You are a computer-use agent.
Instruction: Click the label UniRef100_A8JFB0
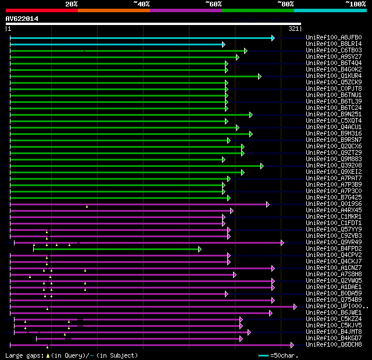click(333, 38)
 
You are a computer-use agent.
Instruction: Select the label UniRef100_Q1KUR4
click(333, 76)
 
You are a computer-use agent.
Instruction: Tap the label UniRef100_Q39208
click(333, 166)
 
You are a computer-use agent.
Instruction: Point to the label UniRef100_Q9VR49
click(333, 243)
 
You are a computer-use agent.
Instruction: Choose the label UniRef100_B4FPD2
click(333, 249)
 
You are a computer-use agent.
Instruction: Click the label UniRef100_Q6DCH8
click(333, 345)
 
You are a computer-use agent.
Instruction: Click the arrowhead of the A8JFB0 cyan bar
click(273, 38)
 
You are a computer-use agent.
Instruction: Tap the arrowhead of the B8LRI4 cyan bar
click(223, 44)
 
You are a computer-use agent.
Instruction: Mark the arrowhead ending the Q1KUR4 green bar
click(260, 76)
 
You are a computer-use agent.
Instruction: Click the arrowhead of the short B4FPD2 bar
click(199, 249)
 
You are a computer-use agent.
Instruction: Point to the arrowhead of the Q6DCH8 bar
click(292, 345)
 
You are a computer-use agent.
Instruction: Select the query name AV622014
click(22, 19)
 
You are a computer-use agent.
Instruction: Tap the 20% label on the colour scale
click(71, 4)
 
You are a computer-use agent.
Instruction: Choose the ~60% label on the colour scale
click(213, 4)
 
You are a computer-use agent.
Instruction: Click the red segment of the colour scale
click(41, 10)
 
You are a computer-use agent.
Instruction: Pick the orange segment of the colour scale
click(113, 10)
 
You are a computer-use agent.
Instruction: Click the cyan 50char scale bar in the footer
click(264, 355)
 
